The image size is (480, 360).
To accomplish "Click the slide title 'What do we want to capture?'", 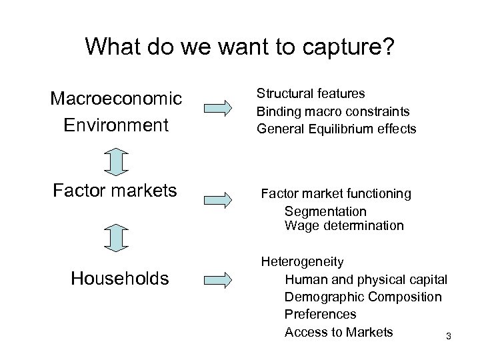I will (240, 46).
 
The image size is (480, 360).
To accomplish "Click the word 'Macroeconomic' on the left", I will (117, 99).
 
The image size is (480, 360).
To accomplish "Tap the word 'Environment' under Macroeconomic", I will (117, 125).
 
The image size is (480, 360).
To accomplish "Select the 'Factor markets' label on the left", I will (115, 192).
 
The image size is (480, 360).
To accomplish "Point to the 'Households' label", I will (120, 278).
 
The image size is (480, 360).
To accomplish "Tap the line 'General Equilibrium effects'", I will (336, 129).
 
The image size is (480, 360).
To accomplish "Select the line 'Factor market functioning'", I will (336, 194).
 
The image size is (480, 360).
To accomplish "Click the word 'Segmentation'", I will (325, 211).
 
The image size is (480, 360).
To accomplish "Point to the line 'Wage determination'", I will (344, 226).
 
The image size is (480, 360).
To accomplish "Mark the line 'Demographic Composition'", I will (363, 297).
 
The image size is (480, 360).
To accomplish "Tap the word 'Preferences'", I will (320, 314).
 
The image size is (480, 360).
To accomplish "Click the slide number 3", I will (449, 337).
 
